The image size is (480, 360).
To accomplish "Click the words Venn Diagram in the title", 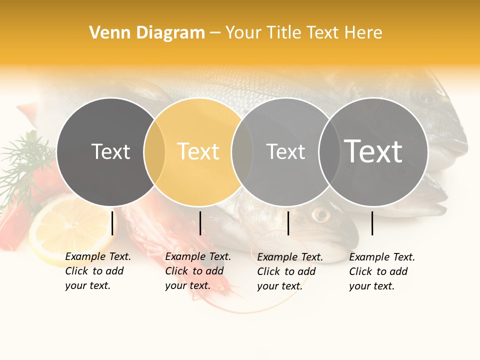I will [x=147, y=33].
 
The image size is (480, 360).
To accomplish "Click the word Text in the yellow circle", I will [x=198, y=151].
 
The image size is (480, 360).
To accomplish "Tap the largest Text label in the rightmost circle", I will [x=373, y=151].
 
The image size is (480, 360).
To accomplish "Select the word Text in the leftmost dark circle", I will [x=110, y=151].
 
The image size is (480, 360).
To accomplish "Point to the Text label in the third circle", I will [x=285, y=151].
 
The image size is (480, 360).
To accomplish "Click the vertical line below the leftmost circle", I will [x=112, y=223].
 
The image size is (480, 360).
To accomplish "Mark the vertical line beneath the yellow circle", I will [x=200, y=223].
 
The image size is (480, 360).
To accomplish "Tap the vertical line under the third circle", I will [x=288, y=223].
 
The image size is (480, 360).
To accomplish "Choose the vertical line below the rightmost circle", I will [x=372, y=223].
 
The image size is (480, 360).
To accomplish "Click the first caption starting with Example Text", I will [x=98, y=271].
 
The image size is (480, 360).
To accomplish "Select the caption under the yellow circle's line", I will [x=198, y=271].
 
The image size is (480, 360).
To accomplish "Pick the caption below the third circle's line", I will [x=290, y=271].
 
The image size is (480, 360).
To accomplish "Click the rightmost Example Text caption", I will [x=382, y=271].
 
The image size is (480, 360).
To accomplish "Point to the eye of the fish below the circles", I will [x=320, y=215].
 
